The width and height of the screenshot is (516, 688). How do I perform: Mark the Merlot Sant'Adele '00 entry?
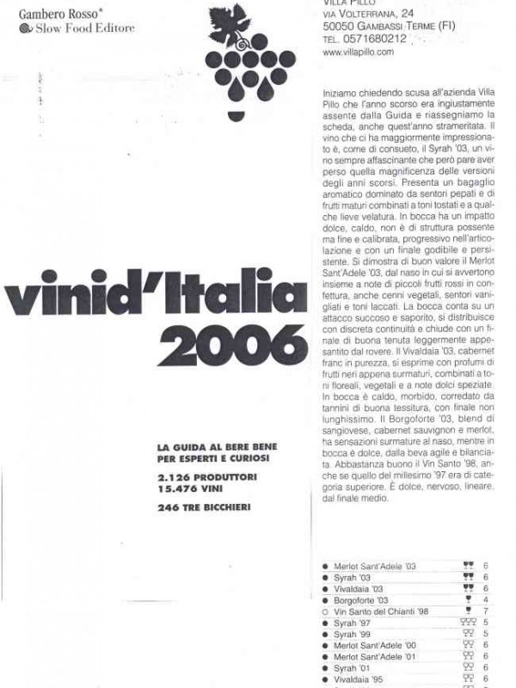[374, 645]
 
